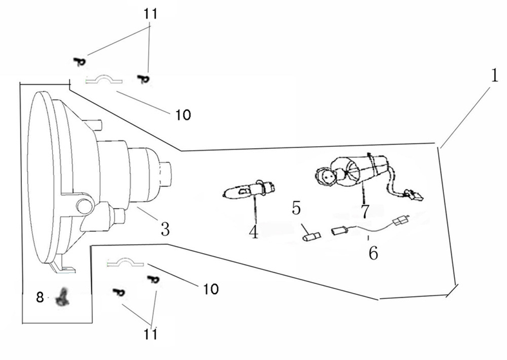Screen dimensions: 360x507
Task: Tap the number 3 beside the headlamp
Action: (165, 228)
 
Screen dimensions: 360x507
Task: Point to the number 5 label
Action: (296, 208)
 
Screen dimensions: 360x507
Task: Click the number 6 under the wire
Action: (373, 252)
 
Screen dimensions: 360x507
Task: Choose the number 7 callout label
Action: (365, 211)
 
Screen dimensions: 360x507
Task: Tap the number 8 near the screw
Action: (40, 297)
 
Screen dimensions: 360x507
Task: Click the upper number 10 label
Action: (182, 115)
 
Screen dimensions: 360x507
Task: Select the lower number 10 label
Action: (210, 287)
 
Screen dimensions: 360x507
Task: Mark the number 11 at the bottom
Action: (151, 334)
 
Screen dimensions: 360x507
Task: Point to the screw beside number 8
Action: (63, 296)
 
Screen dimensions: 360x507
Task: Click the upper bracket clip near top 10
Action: (105, 80)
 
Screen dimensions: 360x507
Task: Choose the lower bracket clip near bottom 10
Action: (128, 263)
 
